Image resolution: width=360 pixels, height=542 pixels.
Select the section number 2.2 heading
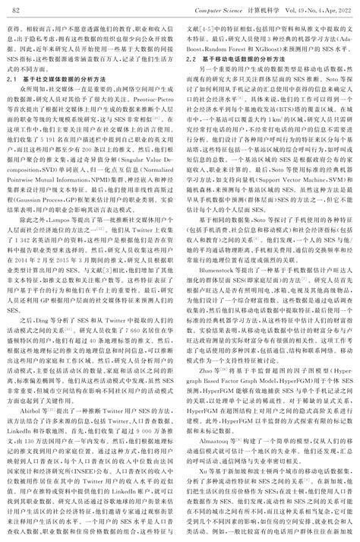click(193, 58)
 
